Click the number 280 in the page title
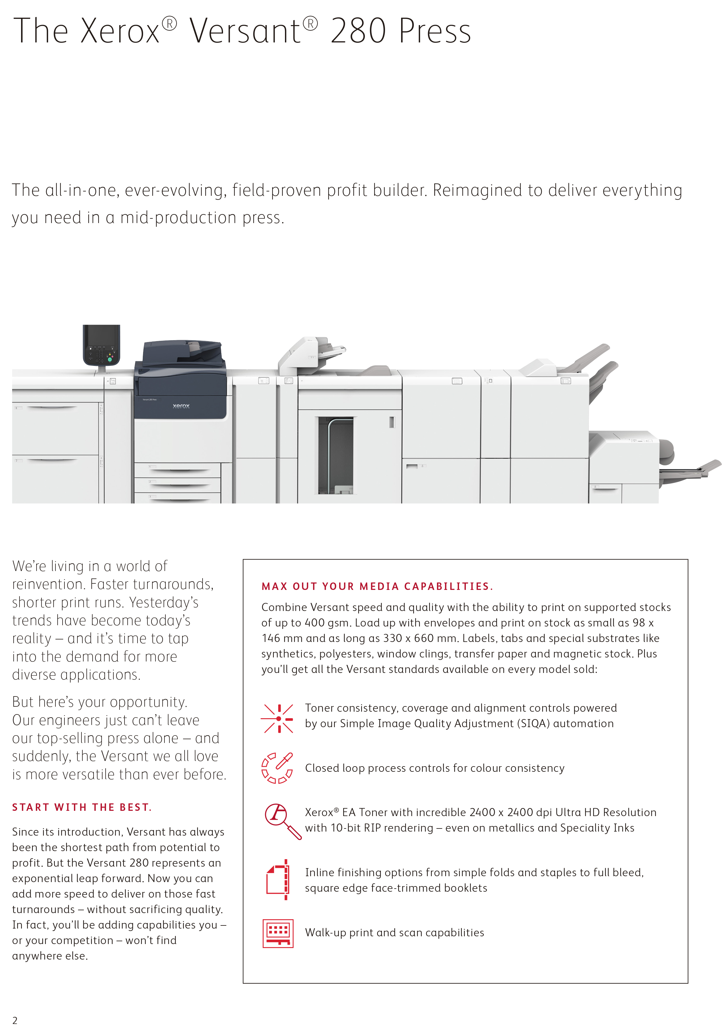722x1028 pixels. [358, 31]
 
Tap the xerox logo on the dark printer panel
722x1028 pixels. [181, 406]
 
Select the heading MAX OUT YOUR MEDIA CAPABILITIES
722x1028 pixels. [377, 586]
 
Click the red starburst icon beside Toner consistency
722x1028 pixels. [278, 718]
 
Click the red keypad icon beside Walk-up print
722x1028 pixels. [278, 934]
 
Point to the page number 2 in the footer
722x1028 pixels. [15, 1020]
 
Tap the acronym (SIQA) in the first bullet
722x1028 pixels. [533, 723]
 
